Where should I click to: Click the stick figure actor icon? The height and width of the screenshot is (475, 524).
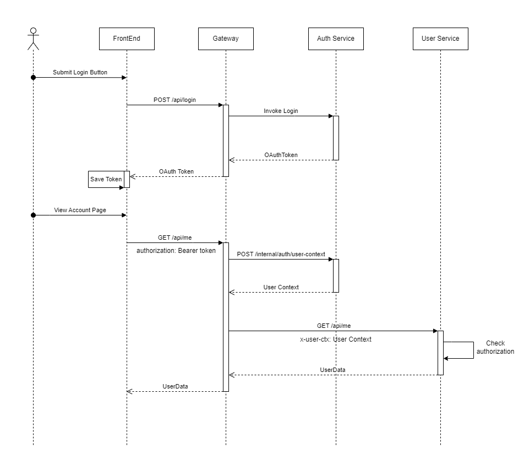(34, 38)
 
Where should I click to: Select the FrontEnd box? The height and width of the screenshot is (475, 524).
(127, 39)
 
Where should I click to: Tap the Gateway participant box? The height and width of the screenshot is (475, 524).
(226, 39)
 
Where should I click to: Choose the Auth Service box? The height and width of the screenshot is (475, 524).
(336, 39)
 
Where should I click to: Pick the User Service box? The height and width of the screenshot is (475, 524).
(440, 39)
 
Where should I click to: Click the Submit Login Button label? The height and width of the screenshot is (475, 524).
(80, 72)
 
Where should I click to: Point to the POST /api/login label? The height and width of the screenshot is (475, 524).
(174, 100)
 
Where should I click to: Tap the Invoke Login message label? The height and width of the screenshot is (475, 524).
(281, 111)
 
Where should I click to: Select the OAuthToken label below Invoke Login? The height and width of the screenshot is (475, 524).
(281, 155)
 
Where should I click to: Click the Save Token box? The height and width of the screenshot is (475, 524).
(106, 180)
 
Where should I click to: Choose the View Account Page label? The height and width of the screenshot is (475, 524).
(80, 210)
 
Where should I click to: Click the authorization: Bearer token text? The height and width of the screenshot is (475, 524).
(176, 251)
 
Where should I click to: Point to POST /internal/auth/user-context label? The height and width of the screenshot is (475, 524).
(281, 254)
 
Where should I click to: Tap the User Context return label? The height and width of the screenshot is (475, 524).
(281, 287)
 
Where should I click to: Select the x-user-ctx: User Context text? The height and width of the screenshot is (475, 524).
(336, 339)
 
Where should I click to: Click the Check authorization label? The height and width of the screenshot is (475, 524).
(495, 347)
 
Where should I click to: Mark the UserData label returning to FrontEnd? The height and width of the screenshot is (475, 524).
(175, 386)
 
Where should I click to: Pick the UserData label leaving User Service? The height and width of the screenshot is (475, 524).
(332, 370)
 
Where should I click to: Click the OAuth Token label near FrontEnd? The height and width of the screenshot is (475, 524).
(176, 171)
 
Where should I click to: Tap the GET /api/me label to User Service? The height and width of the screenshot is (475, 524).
(334, 326)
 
